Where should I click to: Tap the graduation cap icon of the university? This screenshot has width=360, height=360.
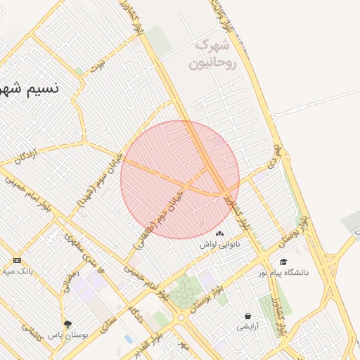point(283,262)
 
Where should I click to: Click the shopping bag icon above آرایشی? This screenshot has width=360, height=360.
point(247,316)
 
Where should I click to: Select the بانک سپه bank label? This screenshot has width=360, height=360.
point(18,271)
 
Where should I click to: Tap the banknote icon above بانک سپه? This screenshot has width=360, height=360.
point(17,260)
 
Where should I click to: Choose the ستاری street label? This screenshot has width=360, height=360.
point(110,326)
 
